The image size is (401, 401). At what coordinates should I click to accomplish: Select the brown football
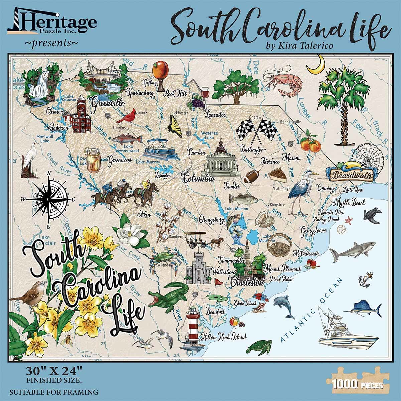(x=252, y=177)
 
